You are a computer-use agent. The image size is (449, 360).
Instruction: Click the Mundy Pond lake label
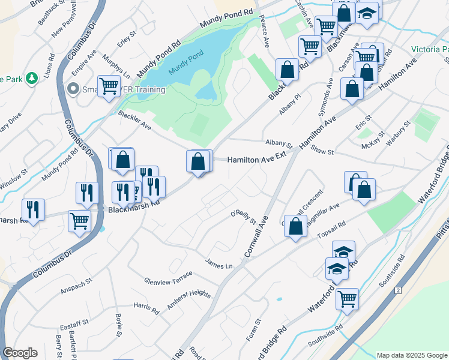click(x=183, y=70)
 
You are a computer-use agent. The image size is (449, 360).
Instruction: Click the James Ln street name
click(x=218, y=264)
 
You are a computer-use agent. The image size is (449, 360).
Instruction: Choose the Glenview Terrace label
click(x=168, y=277)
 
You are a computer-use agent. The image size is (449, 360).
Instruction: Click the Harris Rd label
click(x=146, y=308)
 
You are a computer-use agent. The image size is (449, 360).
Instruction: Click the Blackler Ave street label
click(x=134, y=121)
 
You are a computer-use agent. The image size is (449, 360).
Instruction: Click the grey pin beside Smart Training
click(x=73, y=89)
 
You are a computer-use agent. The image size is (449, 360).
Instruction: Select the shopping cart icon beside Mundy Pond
click(x=109, y=86)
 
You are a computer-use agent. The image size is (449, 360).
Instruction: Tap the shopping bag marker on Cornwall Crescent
click(x=295, y=227)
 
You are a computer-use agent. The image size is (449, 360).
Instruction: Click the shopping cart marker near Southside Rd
click(x=347, y=299)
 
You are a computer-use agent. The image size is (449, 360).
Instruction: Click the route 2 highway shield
click(x=397, y=290)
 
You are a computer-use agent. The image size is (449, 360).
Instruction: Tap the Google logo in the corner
click(x=20, y=353)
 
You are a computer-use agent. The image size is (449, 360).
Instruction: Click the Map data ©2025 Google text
click(x=411, y=355)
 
